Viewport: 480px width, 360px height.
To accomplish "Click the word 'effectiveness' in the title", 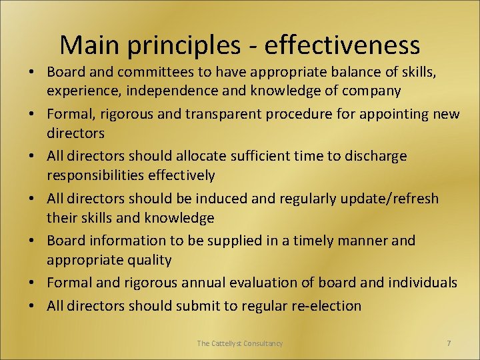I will [342, 45].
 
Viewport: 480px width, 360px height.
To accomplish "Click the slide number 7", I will [449, 343].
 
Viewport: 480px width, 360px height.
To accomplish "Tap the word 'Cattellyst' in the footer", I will [229, 343].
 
